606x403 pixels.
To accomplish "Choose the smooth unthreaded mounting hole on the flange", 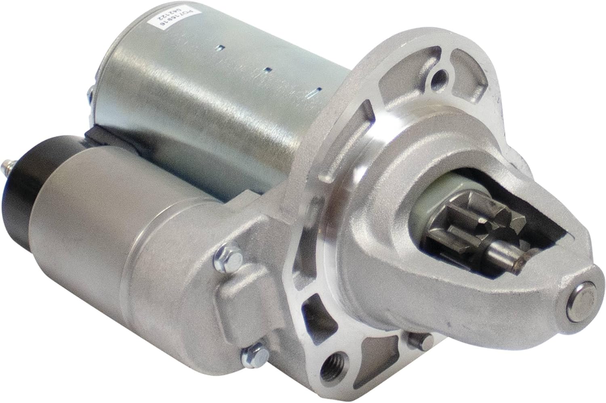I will [x=437, y=80].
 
